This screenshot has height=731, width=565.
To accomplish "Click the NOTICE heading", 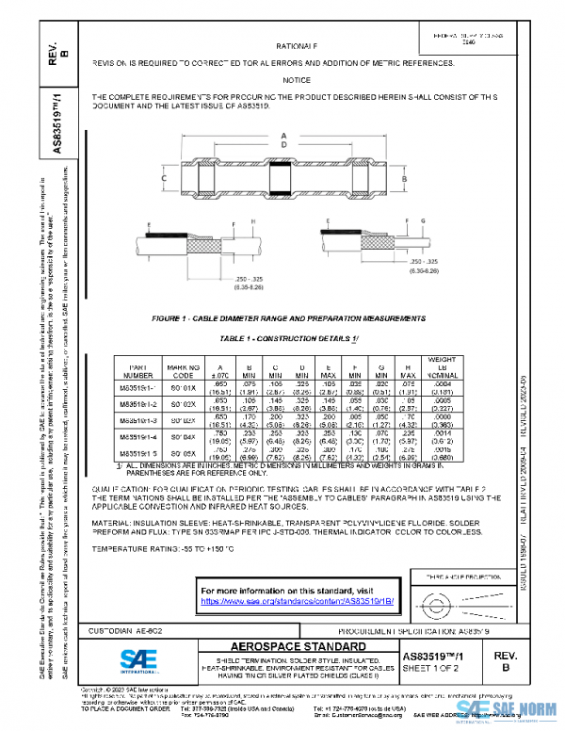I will tap(297, 80).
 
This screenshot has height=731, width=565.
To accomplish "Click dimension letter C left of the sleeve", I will tap(164, 177).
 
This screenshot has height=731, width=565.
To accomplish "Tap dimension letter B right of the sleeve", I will tap(404, 177).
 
